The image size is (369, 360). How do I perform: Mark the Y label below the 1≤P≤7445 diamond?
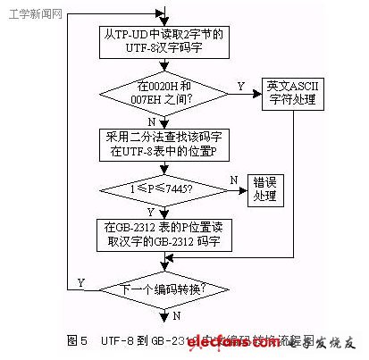coord(149,212)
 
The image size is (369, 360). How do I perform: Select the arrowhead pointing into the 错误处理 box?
coord(245,188)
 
